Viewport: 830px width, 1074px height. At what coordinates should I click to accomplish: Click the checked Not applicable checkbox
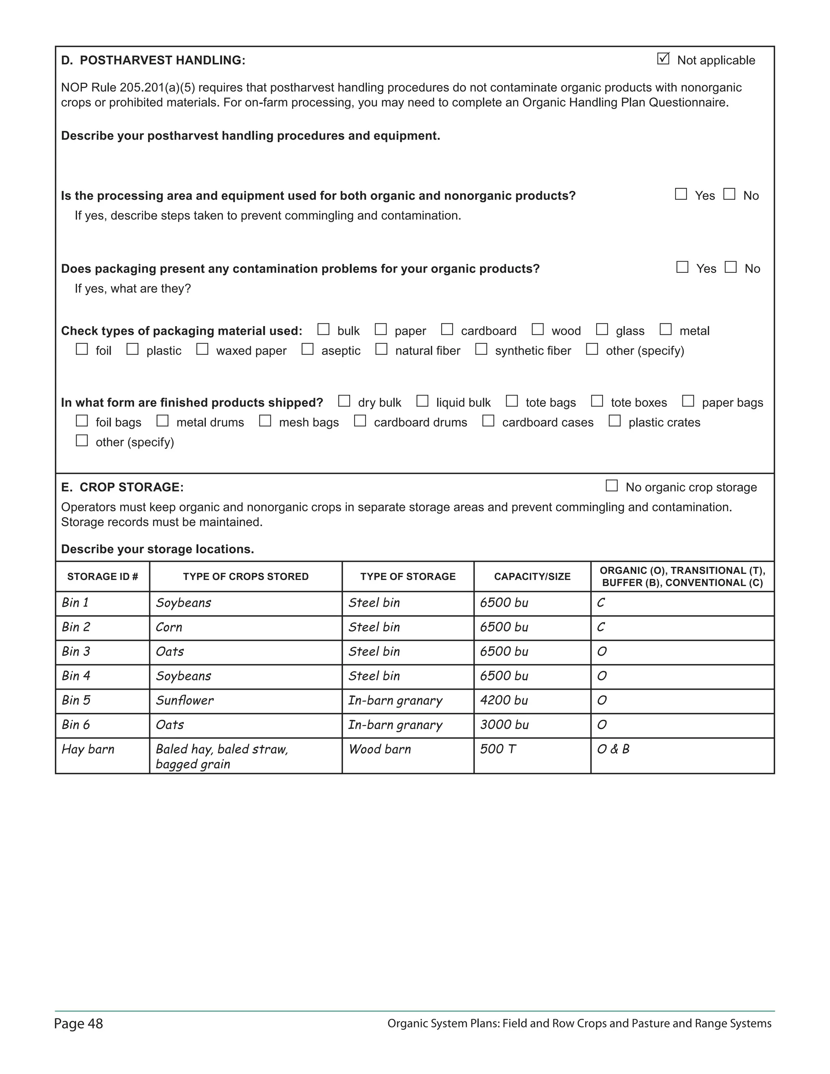(x=663, y=59)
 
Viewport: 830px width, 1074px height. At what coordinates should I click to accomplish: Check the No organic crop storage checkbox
(x=611, y=486)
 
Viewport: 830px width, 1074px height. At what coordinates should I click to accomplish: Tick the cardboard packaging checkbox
(x=447, y=329)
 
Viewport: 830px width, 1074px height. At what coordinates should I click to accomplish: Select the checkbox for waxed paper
(x=202, y=349)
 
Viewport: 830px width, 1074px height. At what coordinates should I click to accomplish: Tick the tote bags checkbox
(x=512, y=401)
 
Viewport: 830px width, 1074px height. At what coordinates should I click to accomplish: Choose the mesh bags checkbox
(x=265, y=421)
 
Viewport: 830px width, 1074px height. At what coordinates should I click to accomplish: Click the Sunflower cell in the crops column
(x=184, y=700)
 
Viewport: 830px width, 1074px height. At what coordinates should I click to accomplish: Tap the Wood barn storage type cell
(x=380, y=749)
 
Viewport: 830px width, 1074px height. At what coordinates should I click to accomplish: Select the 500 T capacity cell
(x=498, y=749)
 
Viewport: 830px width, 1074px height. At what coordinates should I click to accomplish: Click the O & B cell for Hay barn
(x=613, y=749)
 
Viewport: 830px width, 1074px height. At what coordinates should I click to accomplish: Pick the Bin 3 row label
(x=76, y=652)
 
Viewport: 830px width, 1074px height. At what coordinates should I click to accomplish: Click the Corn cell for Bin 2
(x=169, y=627)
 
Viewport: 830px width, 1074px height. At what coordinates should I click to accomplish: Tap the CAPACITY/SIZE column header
(x=532, y=576)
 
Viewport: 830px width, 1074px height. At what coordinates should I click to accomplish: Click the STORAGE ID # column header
(x=102, y=576)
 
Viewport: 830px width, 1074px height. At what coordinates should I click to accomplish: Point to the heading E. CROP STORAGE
(x=122, y=487)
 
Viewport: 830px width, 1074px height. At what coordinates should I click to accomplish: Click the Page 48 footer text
(x=79, y=1024)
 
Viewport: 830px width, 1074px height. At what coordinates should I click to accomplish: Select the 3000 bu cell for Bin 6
(x=504, y=725)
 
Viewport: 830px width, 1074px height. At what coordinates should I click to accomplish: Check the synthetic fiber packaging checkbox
(x=481, y=349)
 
